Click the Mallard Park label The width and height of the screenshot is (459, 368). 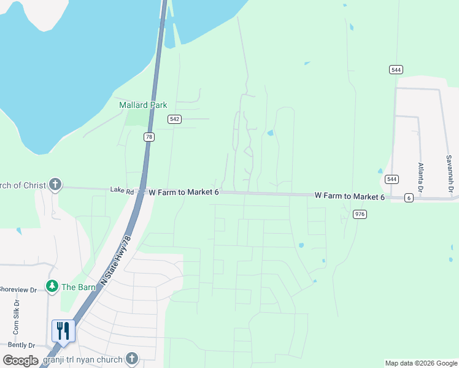click(143, 105)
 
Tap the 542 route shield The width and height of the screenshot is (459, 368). click(175, 119)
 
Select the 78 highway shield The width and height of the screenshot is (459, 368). click(148, 137)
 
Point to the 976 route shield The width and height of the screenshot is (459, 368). click(360, 213)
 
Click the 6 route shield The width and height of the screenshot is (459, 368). click(409, 197)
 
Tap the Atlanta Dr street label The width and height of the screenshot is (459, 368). click(421, 177)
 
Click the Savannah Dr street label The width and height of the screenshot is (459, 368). click(449, 176)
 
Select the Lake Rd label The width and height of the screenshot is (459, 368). click(121, 191)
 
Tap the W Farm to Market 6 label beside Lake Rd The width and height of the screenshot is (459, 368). click(184, 193)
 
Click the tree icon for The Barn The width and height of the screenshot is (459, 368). click(52, 286)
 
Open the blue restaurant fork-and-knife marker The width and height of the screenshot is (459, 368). click(63, 331)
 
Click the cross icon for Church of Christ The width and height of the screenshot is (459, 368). click(55, 185)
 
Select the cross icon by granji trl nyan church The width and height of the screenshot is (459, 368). click(131, 358)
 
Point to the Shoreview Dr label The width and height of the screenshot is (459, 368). click(20, 289)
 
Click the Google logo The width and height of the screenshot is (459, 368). click(20, 361)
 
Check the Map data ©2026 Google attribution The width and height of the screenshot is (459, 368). click(420, 363)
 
